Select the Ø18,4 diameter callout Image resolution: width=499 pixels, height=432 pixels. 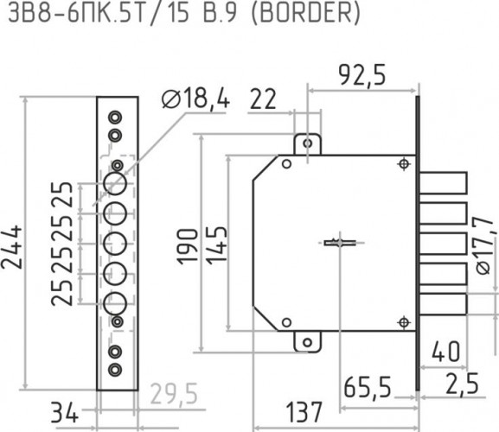coord(195,100)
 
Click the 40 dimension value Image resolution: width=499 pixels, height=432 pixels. coord(446,353)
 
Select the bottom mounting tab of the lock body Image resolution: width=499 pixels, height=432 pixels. coord(304,341)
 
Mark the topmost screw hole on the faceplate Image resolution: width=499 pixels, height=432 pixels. coord(114,117)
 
